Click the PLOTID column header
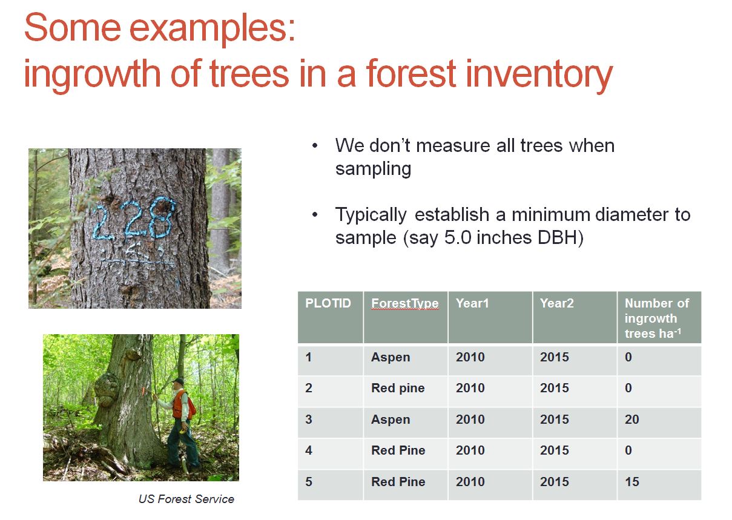pos(328,303)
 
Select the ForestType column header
pos(404,303)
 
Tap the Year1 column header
pos(472,303)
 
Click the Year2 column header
pos(556,303)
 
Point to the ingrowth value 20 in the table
pos(631,420)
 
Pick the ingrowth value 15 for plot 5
pos(631,482)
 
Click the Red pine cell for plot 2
pos(397,388)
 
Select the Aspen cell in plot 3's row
pos(390,420)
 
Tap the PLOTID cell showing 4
pos(309,450)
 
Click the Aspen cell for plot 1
pos(390,357)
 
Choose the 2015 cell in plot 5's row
pos(555,482)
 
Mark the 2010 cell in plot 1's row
pos(470,357)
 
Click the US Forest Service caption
pos(186,499)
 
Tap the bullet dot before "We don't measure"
pos(315,146)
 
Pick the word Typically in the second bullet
pos(371,215)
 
